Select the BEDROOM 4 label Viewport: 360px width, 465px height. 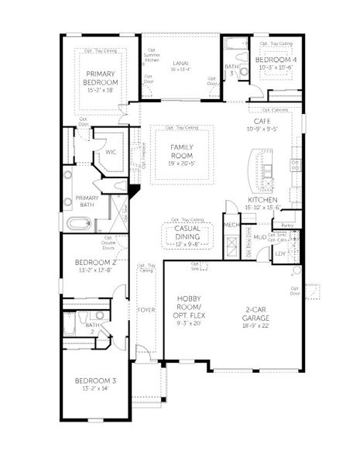point(276,60)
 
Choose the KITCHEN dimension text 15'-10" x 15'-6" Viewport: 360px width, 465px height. point(263,207)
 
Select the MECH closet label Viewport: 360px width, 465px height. point(231,226)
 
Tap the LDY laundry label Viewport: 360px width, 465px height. point(280,253)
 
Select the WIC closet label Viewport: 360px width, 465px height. point(111,152)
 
